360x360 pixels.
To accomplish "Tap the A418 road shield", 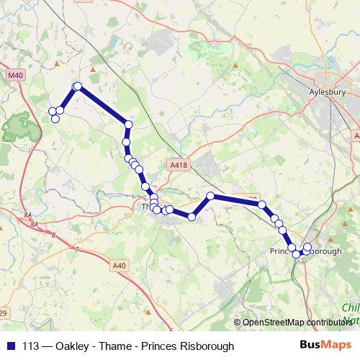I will pyautogui.click(x=179, y=165).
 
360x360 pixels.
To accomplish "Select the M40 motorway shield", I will pyautogui.click(x=15, y=75).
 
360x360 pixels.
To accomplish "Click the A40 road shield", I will pyautogui.click(x=120, y=266).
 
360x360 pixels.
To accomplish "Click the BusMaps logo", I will pyautogui.click(x=325, y=346).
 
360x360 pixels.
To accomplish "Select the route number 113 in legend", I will pyautogui.click(x=31, y=346).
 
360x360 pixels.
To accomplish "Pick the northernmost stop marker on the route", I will pyautogui.click(x=77, y=87).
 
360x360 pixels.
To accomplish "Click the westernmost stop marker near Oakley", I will pyautogui.click(x=52, y=111).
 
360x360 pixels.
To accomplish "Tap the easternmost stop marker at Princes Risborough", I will pyautogui.click(x=308, y=247).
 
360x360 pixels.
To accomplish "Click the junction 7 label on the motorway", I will pyautogui.click(x=77, y=249).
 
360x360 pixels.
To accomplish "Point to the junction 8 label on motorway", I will pyautogui.click(x=53, y=235).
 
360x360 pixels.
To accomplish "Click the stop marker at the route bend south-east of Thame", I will pyautogui.click(x=192, y=216).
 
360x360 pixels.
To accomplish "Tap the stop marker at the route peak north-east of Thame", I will pyautogui.click(x=211, y=196).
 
